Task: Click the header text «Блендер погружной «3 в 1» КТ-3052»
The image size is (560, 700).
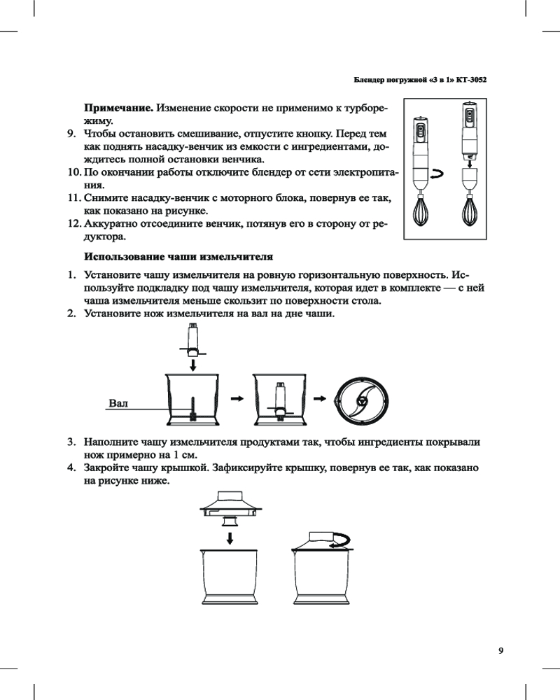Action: [x=421, y=80]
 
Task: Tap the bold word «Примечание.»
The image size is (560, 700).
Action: [x=119, y=108]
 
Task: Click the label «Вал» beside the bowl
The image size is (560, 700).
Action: [x=118, y=402]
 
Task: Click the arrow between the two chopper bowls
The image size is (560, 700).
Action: [x=237, y=398]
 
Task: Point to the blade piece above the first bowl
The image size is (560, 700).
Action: [x=195, y=340]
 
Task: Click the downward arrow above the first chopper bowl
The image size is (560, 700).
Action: [x=195, y=365]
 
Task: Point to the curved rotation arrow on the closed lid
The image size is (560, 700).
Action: [x=341, y=538]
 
